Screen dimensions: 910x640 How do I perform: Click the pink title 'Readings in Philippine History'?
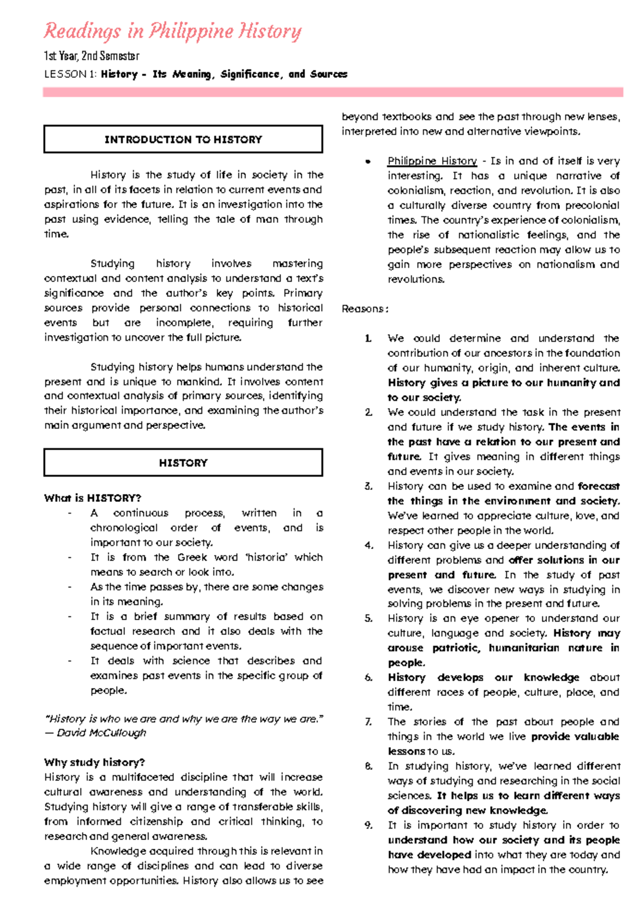coord(172,31)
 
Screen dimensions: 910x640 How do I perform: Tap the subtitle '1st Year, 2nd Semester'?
coord(91,56)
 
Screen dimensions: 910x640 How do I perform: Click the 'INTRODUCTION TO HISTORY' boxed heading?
coord(183,140)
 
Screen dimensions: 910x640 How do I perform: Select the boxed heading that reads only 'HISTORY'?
coord(183,463)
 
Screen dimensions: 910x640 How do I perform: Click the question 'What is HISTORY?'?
coord(92,498)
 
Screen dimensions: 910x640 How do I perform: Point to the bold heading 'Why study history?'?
coord(94,762)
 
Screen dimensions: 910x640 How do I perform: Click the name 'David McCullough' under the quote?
coord(101,733)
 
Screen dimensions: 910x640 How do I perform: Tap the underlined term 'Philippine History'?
coord(432,161)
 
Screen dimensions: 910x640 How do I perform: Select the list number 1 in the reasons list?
coord(368,338)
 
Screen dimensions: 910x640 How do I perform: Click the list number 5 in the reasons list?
coord(369,618)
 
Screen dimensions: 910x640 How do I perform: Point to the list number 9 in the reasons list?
coord(369,825)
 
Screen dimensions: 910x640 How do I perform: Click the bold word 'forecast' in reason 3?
coord(598,486)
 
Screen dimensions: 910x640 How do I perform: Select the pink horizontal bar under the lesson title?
coord(333,92)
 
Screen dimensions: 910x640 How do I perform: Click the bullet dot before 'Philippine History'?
coord(367,162)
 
